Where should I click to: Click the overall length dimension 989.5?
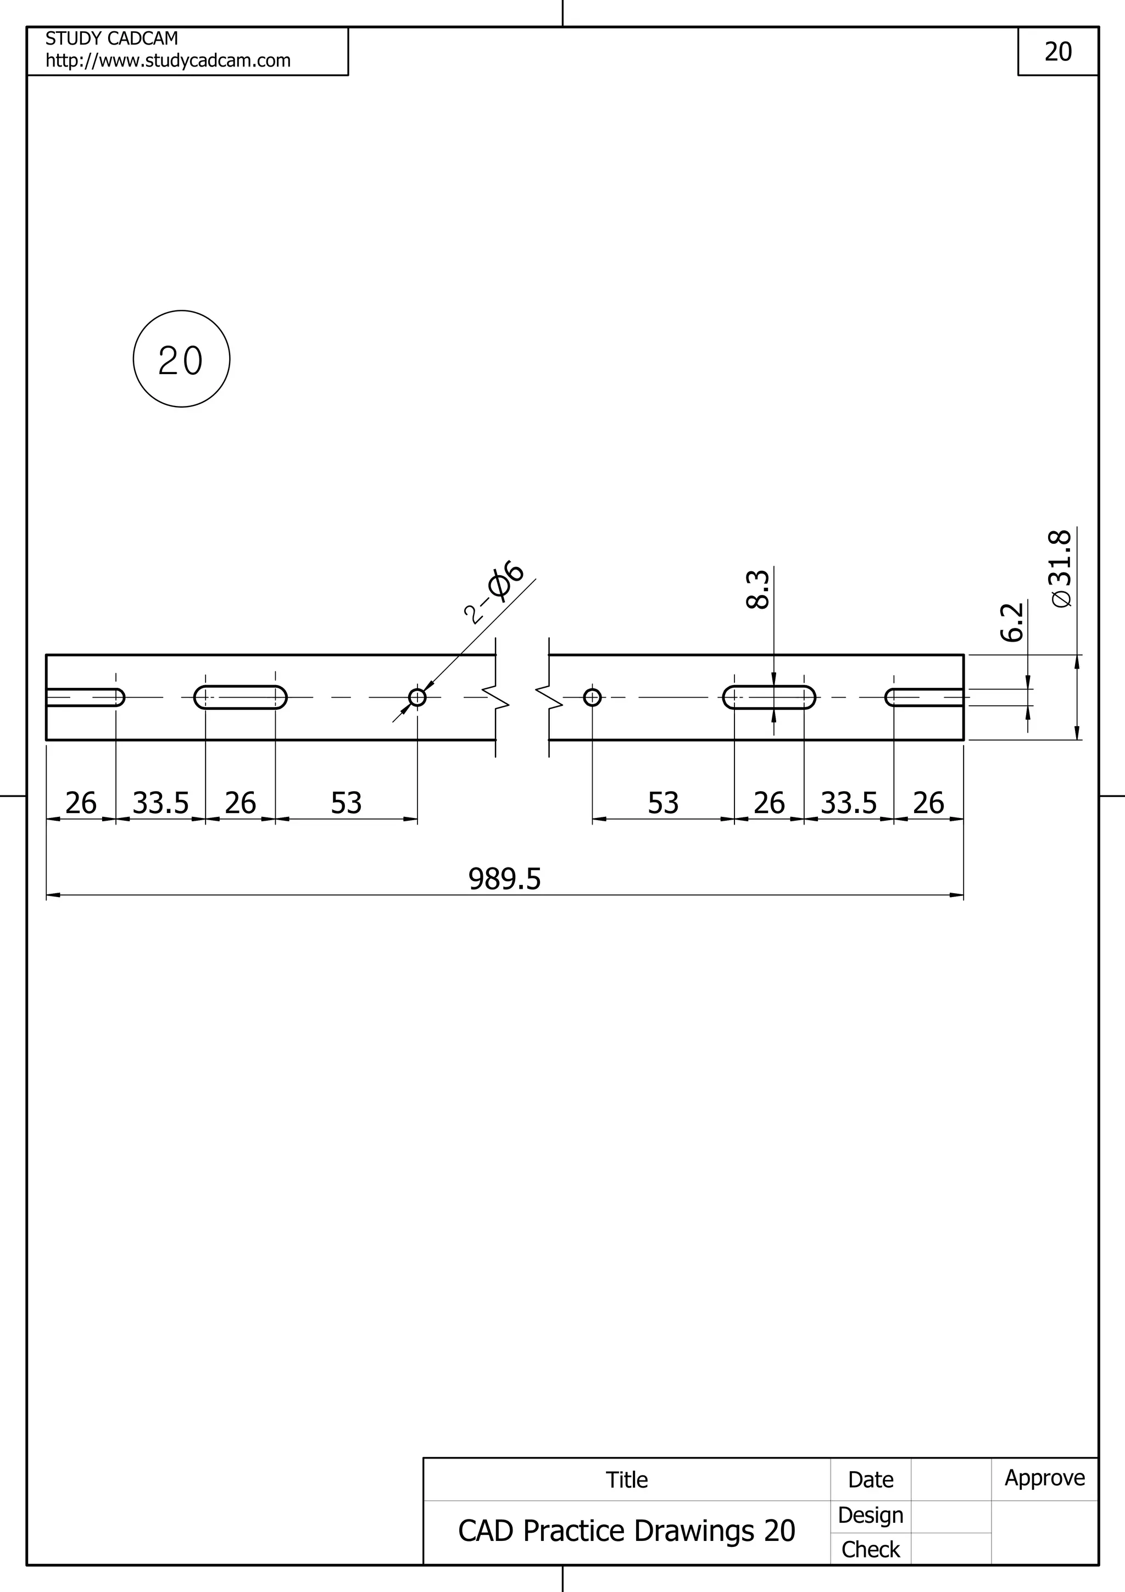click(504, 878)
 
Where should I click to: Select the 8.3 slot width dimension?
click(758, 589)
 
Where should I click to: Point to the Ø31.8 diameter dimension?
click(1061, 569)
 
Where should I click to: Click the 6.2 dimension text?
click(1012, 622)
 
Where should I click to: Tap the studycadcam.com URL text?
click(168, 61)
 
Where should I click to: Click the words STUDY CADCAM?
click(112, 38)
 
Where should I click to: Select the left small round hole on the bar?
click(417, 697)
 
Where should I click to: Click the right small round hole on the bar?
click(592, 697)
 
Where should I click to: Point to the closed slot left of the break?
click(241, 697)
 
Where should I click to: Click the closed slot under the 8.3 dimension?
click(768, 697)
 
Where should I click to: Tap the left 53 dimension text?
click(346, 803)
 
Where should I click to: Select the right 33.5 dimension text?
click(849, 803)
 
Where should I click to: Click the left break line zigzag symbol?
click(496, 697)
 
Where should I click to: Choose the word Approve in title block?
click(1045, 1478)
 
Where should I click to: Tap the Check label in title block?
click(870, 1550)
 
